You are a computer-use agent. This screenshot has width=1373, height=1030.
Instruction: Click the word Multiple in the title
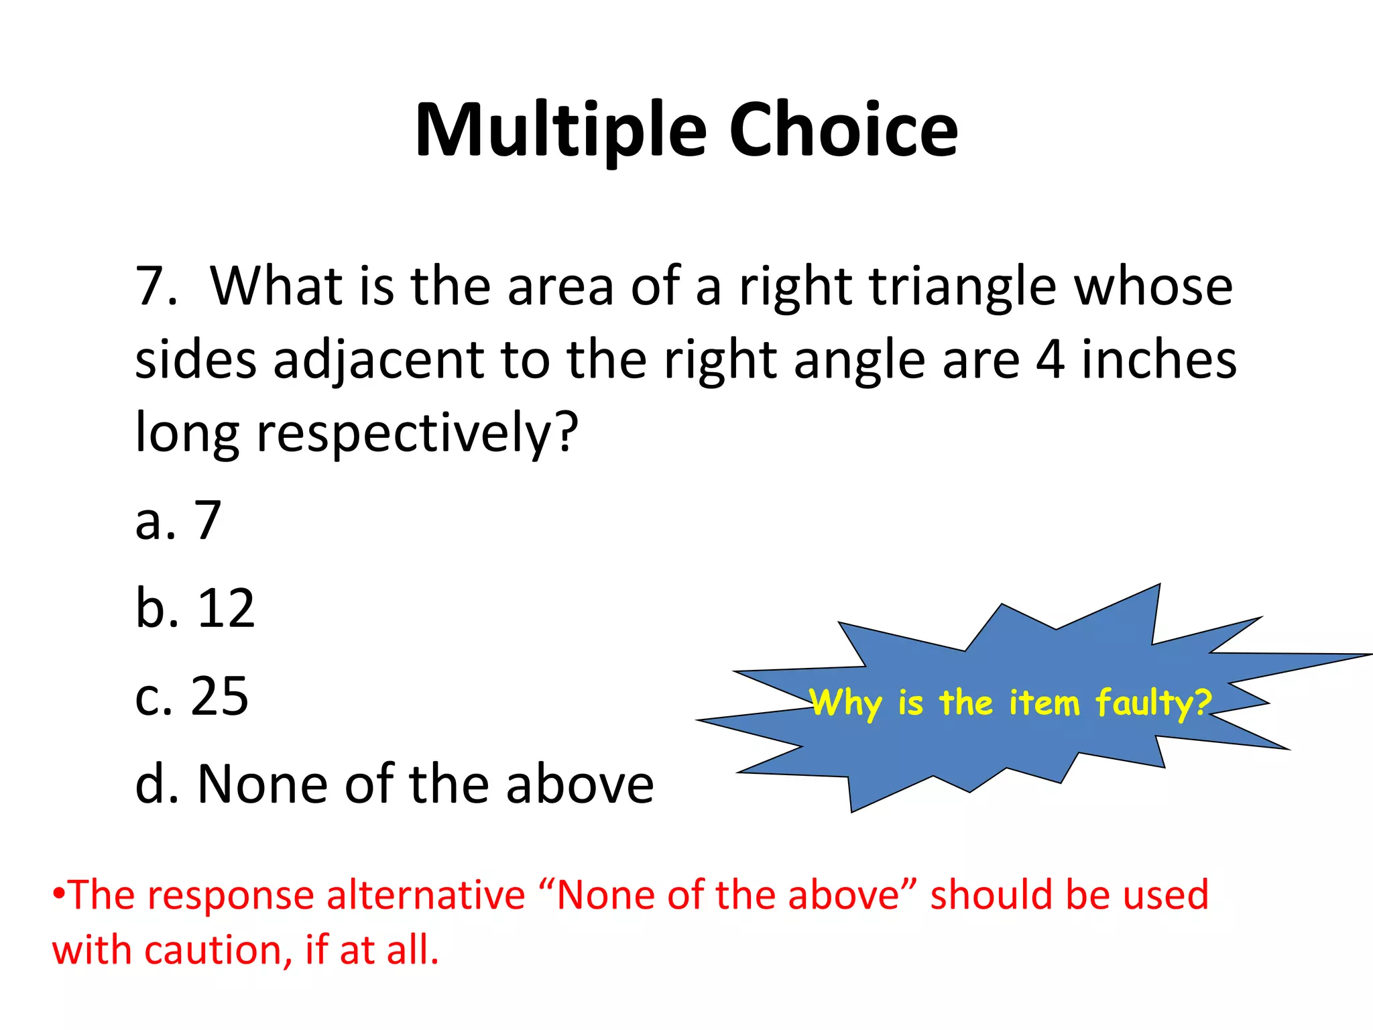560,131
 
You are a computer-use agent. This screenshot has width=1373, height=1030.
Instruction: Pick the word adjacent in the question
378,361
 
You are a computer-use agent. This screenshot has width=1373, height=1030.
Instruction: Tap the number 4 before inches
1050,359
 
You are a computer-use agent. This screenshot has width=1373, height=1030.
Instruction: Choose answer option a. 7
178,520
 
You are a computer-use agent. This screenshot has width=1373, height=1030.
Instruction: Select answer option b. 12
195,608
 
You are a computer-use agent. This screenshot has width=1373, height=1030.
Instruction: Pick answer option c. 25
192,696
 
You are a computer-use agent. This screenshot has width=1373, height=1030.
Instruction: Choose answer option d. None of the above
394,784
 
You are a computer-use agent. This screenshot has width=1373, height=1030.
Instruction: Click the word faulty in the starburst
1153,703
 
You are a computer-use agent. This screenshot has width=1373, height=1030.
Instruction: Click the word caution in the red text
219,950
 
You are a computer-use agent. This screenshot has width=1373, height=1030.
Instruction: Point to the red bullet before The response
59,894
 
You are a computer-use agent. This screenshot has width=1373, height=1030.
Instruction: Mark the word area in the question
560,288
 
